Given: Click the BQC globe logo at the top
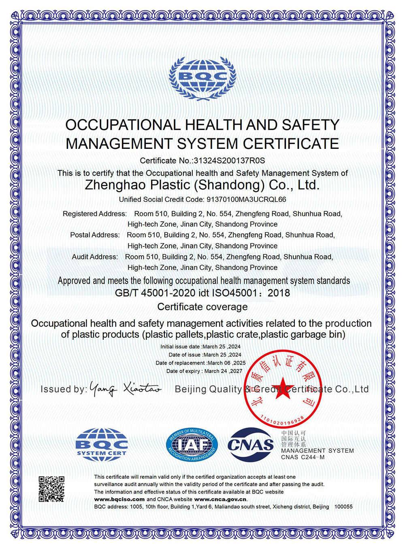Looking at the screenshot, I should [202, 78].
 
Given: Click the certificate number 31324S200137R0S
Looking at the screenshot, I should [229, 161].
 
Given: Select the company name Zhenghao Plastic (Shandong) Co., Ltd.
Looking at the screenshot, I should [202, 185].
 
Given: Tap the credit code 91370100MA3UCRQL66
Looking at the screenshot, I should [246, 199].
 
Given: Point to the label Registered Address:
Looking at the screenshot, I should [95, 214].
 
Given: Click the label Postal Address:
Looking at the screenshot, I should [95, 235].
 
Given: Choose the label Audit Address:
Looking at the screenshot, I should [95, 257].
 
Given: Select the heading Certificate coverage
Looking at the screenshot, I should [202, 307].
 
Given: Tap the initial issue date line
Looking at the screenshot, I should [200, 347].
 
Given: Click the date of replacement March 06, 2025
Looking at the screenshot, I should [226, 363].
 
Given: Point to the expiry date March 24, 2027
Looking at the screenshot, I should [223, 371].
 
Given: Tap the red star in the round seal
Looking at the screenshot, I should [282, 388].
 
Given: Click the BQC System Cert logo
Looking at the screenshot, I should [102, 444].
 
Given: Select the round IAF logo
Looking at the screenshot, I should [192, 445].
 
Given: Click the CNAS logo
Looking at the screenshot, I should [251, 445].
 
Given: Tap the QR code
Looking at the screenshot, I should [51, 489].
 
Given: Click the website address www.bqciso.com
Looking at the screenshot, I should [119, 499].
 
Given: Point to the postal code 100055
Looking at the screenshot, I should [343, 507].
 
